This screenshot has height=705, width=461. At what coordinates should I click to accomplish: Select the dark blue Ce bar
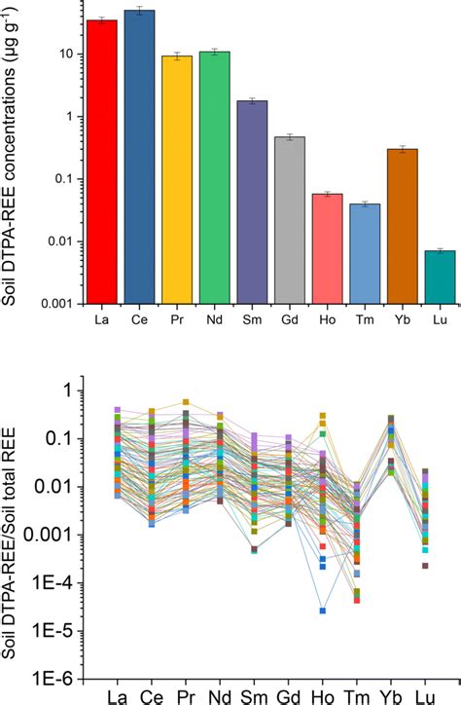[x=139, y=156]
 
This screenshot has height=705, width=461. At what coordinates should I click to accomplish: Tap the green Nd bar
[x=214, y=176]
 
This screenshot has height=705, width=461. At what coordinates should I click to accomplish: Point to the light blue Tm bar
[x=364, y=253]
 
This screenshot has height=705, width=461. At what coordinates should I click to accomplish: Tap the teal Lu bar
[x=439, y=277]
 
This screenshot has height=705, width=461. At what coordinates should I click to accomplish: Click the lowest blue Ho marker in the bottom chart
[x=322, y=611]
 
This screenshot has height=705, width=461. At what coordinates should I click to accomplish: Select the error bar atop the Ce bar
[x=139, y=11]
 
